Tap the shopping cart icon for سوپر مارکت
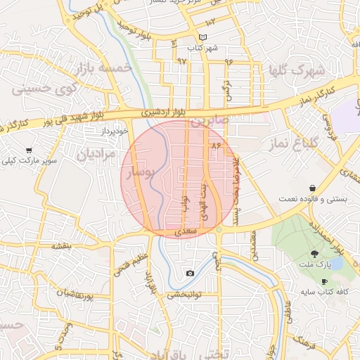29,150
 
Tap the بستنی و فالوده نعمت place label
312,199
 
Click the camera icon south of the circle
190,273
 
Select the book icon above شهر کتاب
202,37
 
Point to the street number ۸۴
216,145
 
